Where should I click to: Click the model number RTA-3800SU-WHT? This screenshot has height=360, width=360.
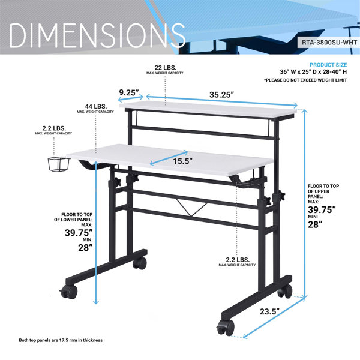[329, 43]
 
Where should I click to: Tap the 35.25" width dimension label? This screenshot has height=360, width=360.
[221, 95]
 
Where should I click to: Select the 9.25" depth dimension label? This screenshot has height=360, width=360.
[129, 93]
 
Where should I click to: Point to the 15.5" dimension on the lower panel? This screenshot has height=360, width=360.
[182, 161]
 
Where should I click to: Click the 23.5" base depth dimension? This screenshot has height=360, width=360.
[270, 311]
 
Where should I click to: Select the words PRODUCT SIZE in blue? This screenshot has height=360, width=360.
[328, 65]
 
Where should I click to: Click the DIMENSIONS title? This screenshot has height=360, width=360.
[97, 35]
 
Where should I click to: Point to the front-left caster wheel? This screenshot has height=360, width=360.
[69, 292]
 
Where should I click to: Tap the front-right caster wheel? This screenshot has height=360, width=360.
[226, 327]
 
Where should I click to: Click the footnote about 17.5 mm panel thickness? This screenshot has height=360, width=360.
[61, 340]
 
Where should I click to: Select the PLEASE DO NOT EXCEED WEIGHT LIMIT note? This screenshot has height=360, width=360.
[305, 80]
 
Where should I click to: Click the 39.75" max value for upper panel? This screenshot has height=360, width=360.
[322, 210]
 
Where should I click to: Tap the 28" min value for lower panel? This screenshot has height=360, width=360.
[85, 248]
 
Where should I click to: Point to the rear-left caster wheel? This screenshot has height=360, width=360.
[140, 263]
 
